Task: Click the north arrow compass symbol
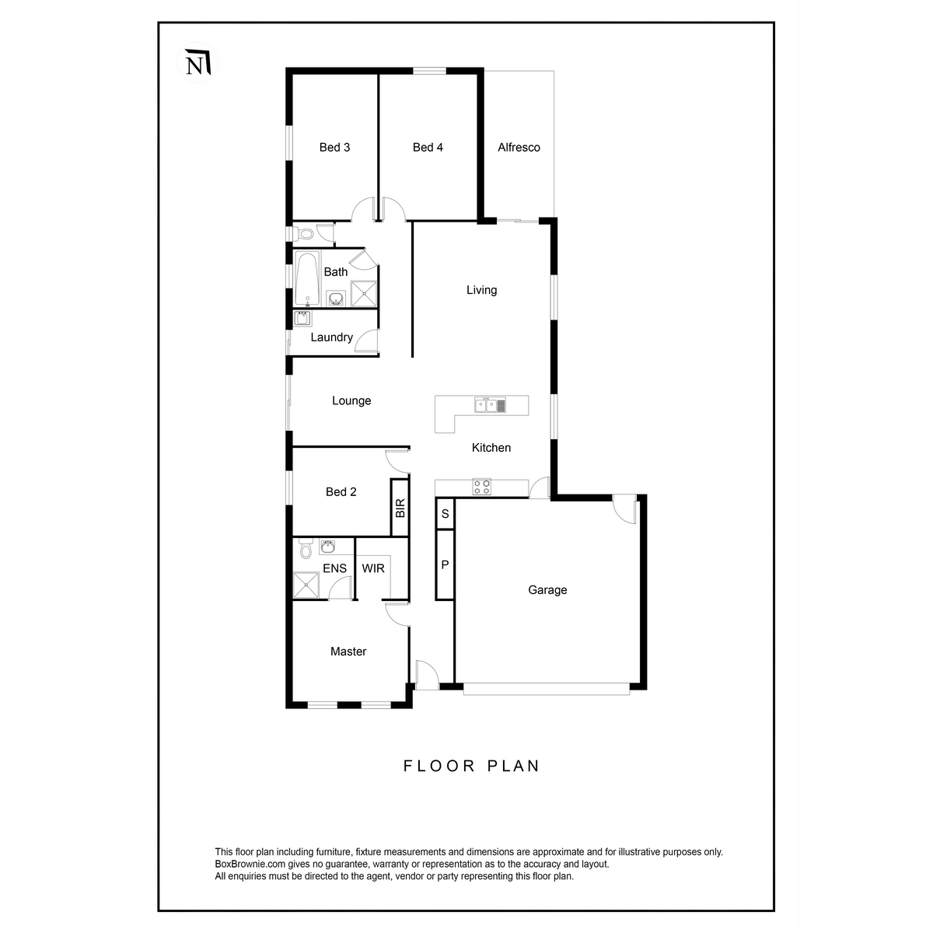[x=197, y=62]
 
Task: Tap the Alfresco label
[x=519, y=147]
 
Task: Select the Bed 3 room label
[x=334, y=147]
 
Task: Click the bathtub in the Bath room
[x=307, y=278]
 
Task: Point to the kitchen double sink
[x=490, y=405]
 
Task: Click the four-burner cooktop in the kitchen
[x=481, y=487]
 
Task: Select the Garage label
[x=547, y=589]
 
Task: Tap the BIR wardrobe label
[x=400, y=508]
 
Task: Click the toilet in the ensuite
[x=305, y=549]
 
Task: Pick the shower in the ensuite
[x=306, y=585]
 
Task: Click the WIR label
[x=373, y=568]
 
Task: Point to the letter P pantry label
[x=445, y=564]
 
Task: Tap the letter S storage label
[x=445, y=514]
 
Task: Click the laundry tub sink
[x=302, y=318]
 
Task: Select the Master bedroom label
[x=348, y=652]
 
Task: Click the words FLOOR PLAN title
[x=472, y=766]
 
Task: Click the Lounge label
[x=351, y=401]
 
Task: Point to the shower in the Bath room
[x=363, y=293]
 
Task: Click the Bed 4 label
[x=428, y=147]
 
